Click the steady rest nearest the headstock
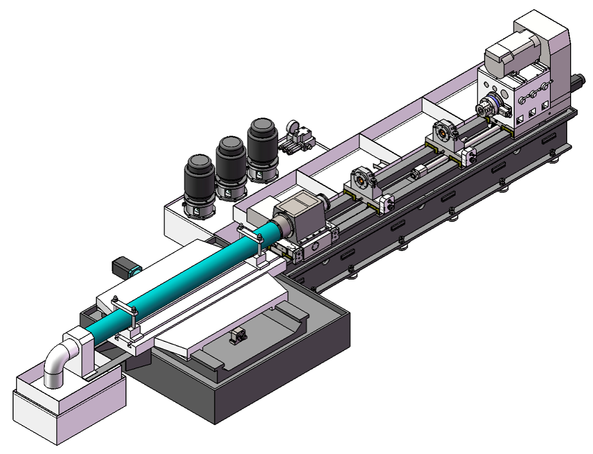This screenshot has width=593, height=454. coord(444,134)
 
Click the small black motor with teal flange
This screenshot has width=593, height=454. coord(125,268)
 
